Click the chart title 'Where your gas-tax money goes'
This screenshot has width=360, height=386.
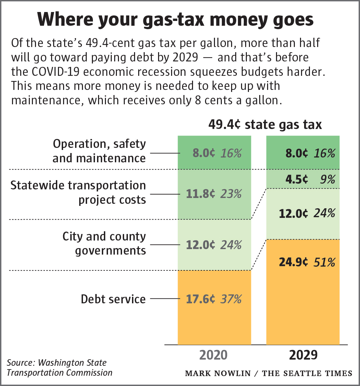click(x=175, y=20)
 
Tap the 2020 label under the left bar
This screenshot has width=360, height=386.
click(x=214, y=355)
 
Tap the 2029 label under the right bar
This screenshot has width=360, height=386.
click(x=303, y=355)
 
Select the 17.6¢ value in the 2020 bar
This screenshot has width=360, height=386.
click(x=201, y=299)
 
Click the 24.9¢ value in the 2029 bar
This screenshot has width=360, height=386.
click(x=293, y=262)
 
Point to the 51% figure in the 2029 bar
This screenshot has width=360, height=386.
click(x=324, y=262)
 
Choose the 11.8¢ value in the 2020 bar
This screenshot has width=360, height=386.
click(x=201, y=194)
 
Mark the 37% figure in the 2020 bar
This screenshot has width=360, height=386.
click(x=231, y=299)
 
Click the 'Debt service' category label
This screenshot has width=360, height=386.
click(x=113, y=299)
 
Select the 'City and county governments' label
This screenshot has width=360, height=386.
click(x=104, y=243)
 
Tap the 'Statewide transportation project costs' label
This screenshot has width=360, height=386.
click(x=78, y=192)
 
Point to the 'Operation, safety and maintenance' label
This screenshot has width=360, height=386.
click(x=99, y=151)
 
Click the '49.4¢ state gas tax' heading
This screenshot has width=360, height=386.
click(x=265, y=124)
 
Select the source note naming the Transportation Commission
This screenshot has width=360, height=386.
click(x=59, y=368)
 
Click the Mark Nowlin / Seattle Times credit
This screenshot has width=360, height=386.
click(x=268, y=373)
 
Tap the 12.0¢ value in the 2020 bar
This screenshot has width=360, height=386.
click(x=201, y=245)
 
